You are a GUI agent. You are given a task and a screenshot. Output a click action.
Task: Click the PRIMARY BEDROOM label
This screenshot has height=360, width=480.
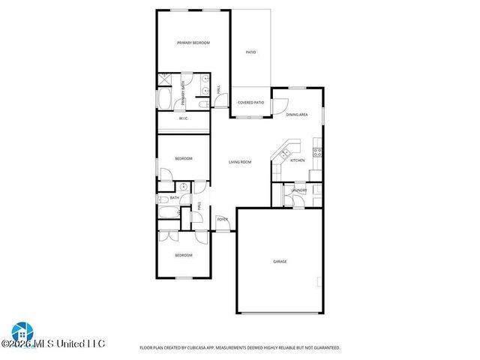point(193,43)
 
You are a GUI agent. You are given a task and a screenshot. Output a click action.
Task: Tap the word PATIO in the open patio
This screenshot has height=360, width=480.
point(251,52)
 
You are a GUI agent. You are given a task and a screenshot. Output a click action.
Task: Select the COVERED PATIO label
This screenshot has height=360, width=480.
point(250,103)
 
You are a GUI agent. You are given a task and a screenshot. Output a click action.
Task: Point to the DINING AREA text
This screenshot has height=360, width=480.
point(297,115)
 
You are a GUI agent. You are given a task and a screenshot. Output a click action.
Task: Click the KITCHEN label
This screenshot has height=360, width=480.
point(298,160)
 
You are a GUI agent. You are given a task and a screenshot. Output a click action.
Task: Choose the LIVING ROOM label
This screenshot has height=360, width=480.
point(240,162)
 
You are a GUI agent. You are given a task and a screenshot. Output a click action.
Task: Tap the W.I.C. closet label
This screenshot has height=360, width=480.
point(183,118)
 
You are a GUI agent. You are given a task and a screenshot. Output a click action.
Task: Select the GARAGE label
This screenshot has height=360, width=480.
point(280,261)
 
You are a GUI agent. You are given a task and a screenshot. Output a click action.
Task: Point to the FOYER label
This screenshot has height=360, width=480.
point(222,219)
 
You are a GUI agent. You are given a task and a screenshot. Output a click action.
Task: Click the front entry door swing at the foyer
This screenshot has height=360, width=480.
point(222,226)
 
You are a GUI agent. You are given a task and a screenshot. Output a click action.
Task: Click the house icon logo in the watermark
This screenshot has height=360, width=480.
point(21,332)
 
